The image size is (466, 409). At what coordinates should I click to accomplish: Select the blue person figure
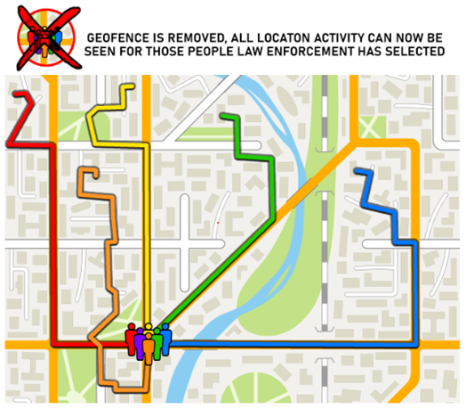pyautogui.click(x=165, y=338)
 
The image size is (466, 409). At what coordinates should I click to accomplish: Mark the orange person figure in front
pyautogui.click(x=149, y=348)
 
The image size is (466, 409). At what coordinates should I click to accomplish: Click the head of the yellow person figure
pyautogui.click(x=149, y=328)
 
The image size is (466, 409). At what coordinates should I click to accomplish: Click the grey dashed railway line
pyautogui.click(x=324, y=223)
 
